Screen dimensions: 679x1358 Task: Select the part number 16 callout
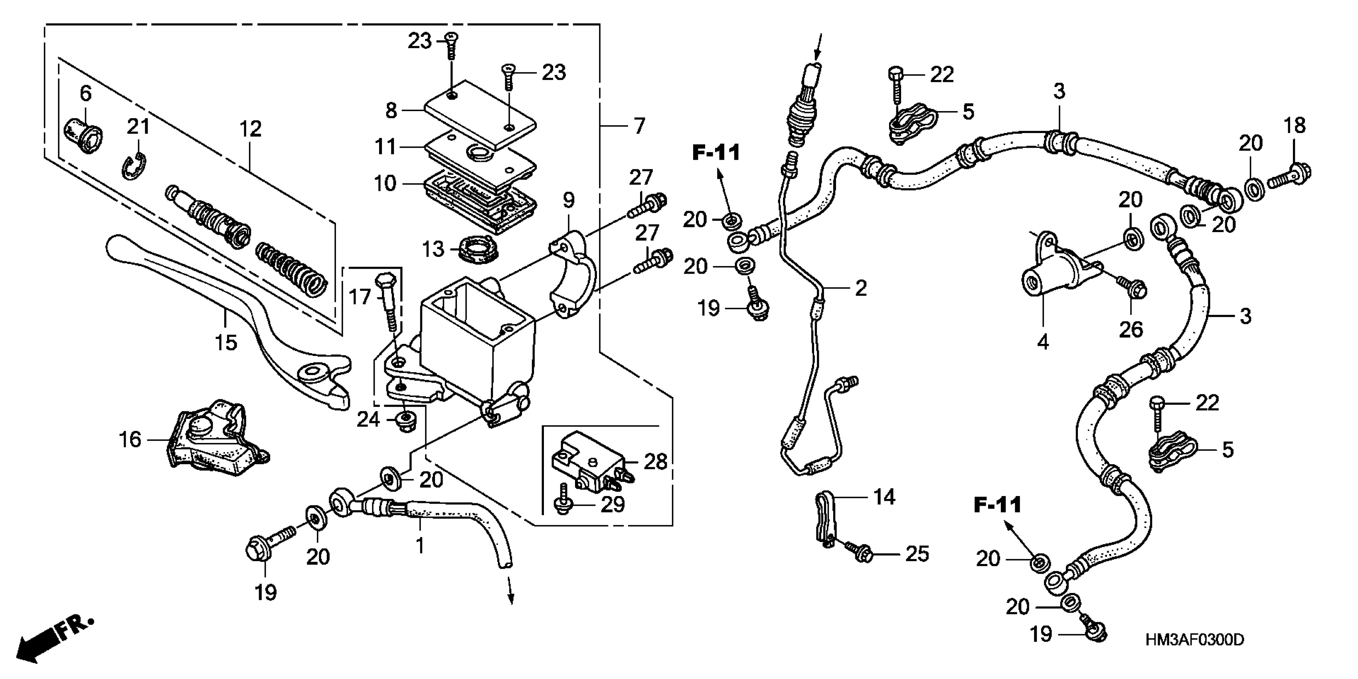(130, 439)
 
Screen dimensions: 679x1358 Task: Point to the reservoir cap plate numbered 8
(480, 113)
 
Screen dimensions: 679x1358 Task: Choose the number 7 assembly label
(639, 126)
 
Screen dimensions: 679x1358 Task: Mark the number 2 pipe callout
(860, 288)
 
